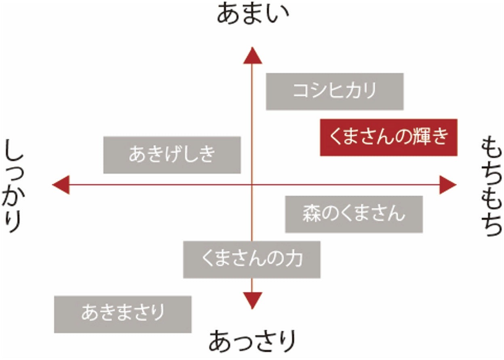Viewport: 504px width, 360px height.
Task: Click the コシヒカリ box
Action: [334, 91]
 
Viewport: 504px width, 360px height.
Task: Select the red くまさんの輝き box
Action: [388, 137]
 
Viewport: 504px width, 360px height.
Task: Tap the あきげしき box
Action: [172, 155]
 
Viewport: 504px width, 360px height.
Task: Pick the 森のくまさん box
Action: [354, 214]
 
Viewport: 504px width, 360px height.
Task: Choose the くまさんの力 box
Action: [251, 259]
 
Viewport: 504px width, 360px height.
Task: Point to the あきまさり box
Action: [122, 314]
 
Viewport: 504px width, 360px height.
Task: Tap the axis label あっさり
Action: [251, 342]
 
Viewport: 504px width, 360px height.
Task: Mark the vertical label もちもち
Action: [491, 186]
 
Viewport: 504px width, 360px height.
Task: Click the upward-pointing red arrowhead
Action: [252, 56]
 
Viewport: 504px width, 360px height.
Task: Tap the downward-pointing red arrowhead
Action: [252, 300]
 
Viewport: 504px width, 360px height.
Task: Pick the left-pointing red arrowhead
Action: [61, 185]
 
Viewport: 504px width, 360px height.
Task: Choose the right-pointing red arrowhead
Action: [447, 185]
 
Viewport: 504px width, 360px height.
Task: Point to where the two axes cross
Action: [252, 185]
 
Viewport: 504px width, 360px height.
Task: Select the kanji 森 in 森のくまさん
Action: [312, 214]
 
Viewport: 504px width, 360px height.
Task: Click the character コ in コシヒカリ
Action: [301, 91]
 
